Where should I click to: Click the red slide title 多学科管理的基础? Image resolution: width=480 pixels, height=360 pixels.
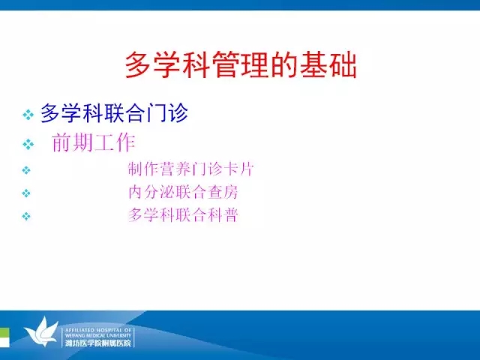[x=241, y=65]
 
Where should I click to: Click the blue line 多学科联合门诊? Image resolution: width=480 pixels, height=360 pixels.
[x=114, y=113]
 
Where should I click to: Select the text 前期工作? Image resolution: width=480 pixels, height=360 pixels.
[x=94, y=142]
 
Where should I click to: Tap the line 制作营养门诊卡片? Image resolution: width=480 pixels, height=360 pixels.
[x=190, y=169]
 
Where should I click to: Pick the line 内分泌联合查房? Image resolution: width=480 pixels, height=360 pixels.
[x=183, y=192]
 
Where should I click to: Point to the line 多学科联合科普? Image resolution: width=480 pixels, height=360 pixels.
[x=183, y=215]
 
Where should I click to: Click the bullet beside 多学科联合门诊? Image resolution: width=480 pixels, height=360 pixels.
[x=28, y=115]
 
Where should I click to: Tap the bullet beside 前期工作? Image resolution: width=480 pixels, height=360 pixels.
[x=28, y=144]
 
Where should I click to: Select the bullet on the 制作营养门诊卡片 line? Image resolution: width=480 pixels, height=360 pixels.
[x=26, y=170]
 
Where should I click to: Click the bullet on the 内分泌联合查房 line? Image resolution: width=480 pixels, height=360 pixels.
[x=26, y=193]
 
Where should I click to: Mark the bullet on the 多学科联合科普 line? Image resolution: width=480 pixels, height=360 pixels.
[x=26, y=217]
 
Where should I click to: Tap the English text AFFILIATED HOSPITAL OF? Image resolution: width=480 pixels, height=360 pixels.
[x=98, y=330]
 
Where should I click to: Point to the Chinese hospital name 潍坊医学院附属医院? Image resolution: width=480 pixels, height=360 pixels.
[x=98, y=343]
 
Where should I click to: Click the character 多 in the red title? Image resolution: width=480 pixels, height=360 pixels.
[x=138, y=65]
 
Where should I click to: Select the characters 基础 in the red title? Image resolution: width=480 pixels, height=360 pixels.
[x=328, y=65]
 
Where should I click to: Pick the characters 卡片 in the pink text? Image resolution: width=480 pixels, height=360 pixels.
[x=238, y=169]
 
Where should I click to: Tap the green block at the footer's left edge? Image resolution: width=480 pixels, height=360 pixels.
[x=4, y=337]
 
